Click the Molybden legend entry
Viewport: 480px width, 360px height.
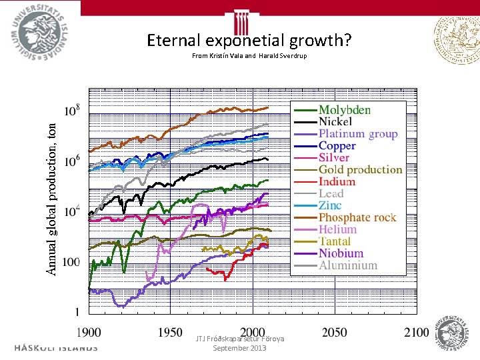tap(345, 110)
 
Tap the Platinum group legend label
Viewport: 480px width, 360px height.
tap(358, 134)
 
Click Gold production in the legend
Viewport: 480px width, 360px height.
tap(360, 170)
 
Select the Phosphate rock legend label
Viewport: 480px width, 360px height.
tap(357, 217)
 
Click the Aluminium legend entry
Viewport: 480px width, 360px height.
tap(348, 265)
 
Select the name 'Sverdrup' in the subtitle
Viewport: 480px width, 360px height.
tap(291, 56)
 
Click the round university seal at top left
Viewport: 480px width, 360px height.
tap(40, 30)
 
